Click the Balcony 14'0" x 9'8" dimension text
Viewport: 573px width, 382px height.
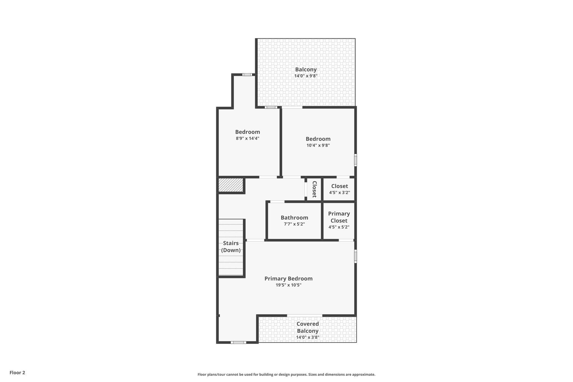[306, 76]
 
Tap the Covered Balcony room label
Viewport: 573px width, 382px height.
[308, 327]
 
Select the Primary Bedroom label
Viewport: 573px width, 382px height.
[288, 278]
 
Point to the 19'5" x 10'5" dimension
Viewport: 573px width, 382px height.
[288, 285]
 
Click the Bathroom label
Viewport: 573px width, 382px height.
[294, 217]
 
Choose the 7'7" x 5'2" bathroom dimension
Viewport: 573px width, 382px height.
[294, 224]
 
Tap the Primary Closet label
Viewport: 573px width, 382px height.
[339, 217]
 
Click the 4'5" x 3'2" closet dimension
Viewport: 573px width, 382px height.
[339, 193]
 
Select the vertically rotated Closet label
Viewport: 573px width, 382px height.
[314, 189]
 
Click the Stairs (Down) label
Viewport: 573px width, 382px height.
[231, 247]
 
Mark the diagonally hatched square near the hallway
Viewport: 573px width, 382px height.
[231, 185]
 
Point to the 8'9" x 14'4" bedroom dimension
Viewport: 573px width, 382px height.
[248, 138]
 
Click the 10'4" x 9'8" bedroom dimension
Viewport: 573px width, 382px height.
[318, 145]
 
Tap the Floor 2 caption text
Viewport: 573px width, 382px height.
[17, 372]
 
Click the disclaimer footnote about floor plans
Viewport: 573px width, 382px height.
[286, 374]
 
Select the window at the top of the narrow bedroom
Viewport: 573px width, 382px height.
[247, 75]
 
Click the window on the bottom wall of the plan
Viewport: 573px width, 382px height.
[238, 342]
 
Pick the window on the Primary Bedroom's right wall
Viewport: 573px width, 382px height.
[356, 256]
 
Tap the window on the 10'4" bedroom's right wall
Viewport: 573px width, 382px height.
[356, 160]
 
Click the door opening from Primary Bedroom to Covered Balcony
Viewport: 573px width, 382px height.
[305, 316]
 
